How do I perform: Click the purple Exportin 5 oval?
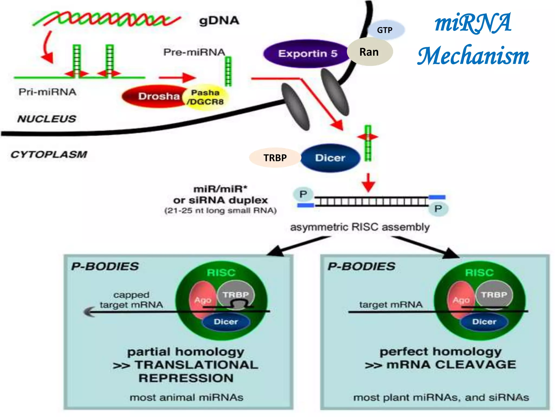[306, 53]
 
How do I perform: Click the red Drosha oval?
[154, 96]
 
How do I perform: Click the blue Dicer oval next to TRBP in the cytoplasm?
[330, 158]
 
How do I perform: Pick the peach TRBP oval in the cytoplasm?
[275, 158]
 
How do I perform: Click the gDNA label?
[219, 21]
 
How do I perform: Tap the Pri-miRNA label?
[47, 92]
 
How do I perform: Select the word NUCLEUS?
[47, 119]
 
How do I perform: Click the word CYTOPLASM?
[49, 154]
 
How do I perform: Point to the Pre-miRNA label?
[194, 52]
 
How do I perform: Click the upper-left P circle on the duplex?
[303, 194]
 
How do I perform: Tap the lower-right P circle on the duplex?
[438, 208]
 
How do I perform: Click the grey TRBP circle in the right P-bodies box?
[494, 295]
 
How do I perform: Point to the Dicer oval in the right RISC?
[484, 322]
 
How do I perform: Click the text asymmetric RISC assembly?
[360, 227]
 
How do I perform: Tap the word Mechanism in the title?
[473, 56]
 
